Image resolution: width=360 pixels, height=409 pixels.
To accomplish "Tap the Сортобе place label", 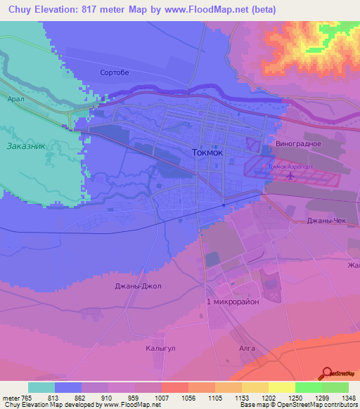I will click(x=115, y=72).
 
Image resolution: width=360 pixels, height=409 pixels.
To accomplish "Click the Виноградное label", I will click(x=298, y=143).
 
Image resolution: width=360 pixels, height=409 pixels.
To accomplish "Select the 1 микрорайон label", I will click(x=232, y=301).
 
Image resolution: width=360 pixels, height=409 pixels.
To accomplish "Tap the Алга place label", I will click(x=247, y=347).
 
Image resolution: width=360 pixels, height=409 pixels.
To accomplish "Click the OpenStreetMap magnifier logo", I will click(x=327, y=375).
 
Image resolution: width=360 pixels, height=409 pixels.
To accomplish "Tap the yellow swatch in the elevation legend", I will click(x=281, y=387).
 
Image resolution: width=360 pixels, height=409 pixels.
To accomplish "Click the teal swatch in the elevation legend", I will click(x=41, y=387).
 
